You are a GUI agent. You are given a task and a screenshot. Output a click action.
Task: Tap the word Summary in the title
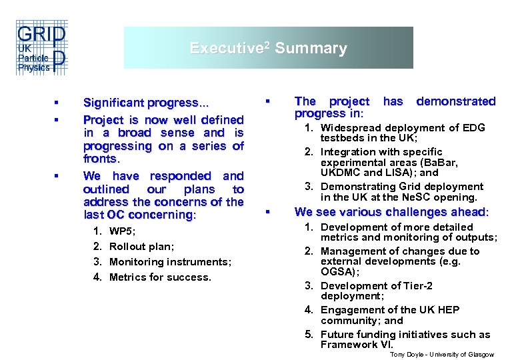click(x=311, y=49)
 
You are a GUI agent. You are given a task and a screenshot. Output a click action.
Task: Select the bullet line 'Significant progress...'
click(x=145, y=103)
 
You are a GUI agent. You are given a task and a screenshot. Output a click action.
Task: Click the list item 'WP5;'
click(x=122, y=231)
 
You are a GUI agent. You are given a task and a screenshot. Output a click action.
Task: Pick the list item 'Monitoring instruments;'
click(x=170, y=262)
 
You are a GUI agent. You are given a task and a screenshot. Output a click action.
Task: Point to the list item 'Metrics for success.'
click(x=160, y=277)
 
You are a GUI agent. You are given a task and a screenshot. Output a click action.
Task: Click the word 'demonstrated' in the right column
click(x=456, y=101)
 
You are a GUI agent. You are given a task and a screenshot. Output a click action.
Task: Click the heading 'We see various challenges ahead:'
click(x=391, y=212)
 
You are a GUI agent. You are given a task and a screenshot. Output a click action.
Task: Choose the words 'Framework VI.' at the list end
click(x=357, y=345)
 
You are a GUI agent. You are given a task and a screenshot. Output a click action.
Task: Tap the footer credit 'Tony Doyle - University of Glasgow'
click(x=441, y=355)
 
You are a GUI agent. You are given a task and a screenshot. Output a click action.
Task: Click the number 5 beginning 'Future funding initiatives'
click(x=309, y=335)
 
